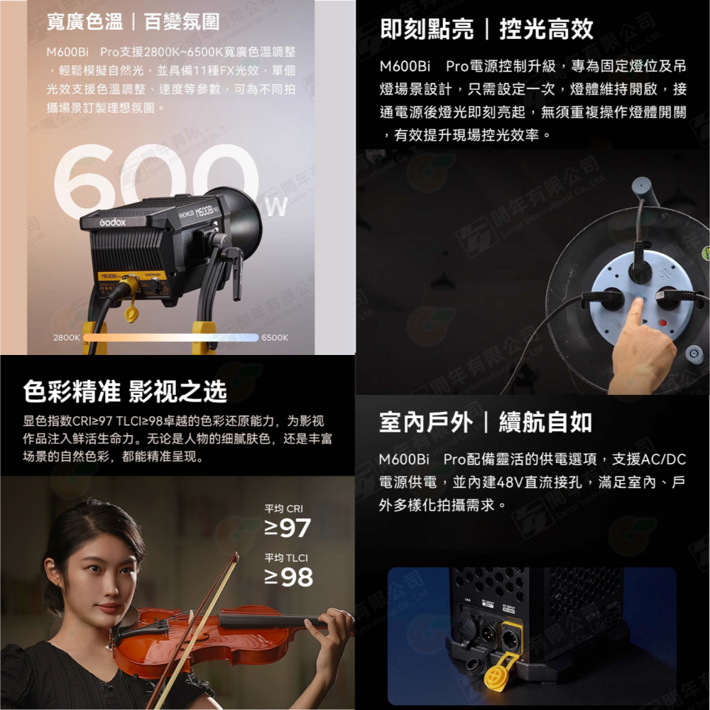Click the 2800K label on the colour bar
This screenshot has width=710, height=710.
pos(66,337)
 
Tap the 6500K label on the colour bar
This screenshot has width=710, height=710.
pos(275,337)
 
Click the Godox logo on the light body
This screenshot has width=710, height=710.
pos(112,222)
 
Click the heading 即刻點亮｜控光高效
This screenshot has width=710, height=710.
pos(486,29)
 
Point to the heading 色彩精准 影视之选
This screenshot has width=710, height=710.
pos(125,390)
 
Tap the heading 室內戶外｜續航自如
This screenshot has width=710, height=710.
pos(486,423)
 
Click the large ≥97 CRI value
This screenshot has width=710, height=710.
pos(287,528)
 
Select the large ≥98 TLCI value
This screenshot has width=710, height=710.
pos(288,577)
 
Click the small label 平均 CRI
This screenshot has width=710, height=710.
pos(283,508)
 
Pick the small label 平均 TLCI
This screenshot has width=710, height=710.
pos(285,557)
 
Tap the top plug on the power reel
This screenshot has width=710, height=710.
pos(640,270)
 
